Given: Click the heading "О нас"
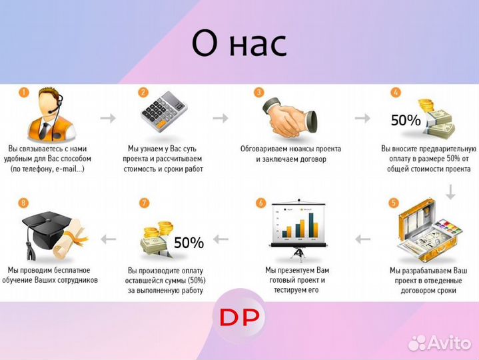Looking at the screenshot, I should (x=239, y=43).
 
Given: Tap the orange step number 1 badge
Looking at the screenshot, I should (x=23, y=93).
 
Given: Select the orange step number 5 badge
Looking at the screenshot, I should (x=394, y=203).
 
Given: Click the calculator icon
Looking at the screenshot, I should (x=165, y=115).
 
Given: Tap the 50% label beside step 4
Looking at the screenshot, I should (x=405, y=121).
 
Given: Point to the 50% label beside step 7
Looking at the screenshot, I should (x=189, y=243).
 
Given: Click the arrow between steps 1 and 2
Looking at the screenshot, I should (x=107, y=118).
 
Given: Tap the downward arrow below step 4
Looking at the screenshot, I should (x=450, y=192).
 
